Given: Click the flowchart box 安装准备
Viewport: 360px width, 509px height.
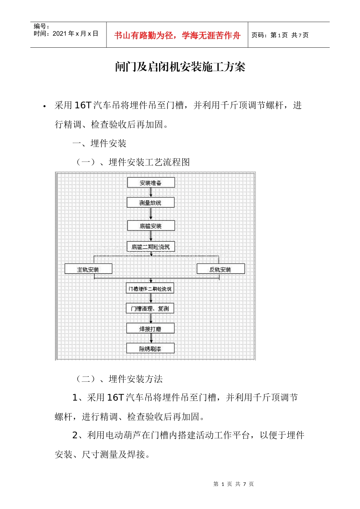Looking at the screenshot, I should click(x=151, y=183).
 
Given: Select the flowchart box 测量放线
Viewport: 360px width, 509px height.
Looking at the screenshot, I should click(x=150, y=203).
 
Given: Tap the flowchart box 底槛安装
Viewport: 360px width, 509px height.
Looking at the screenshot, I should click(x=150, y=226).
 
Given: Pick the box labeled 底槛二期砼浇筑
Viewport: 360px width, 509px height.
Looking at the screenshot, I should click(x=150, y=247).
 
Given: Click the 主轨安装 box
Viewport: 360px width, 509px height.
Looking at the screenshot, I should click(x=88, y=269).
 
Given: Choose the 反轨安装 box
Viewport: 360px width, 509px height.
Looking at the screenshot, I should click(x=221, y=269).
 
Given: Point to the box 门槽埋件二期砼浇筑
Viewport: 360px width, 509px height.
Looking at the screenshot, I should click(x=150, y=289).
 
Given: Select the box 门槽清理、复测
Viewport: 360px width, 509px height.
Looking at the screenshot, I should click(x=150, y=308).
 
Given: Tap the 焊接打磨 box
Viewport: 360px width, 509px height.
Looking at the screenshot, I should click(x=150, y=329).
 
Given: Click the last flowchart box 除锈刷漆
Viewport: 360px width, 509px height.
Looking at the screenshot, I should click(x=150, y=348).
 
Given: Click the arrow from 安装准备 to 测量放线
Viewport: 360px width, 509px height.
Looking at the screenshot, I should click(x=151, y=192).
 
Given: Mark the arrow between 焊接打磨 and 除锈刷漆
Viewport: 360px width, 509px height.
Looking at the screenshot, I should click(x=151, y=339).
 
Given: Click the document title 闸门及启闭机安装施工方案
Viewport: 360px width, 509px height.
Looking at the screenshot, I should click(x=180, y=67).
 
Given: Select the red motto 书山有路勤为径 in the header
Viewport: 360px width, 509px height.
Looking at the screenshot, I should click(x=177, y=36).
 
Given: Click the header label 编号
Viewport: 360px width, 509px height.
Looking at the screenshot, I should click(x=41, y=26).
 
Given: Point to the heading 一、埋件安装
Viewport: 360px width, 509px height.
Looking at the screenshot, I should click(x=99, y=144).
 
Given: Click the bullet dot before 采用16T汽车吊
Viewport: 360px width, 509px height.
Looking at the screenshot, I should click(x=45, y=106).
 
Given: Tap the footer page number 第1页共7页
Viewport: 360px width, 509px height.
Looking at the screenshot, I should click(x=233, y=484).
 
